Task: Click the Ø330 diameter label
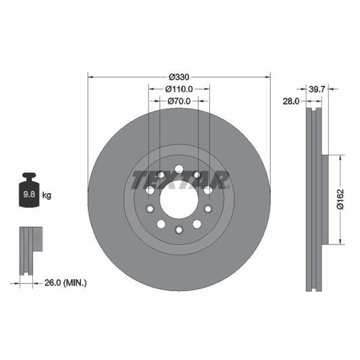pos(179,76)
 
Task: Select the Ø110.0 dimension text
pos(179,88)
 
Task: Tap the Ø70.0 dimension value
pos(179,101)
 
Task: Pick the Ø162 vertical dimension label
pos(342,199)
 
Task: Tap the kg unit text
pos(47,196)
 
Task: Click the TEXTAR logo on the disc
pos(179,180)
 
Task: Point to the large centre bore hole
pos(179,199)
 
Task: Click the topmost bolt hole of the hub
pos(179,169)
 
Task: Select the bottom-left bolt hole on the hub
pos(161,224)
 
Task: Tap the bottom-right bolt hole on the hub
pos(197,224)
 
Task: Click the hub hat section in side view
pos(324,200)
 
